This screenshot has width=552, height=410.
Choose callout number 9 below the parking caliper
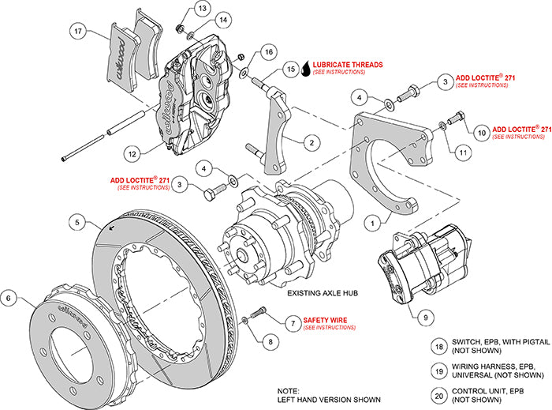pos(426,317)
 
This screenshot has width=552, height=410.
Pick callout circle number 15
pos(291,70)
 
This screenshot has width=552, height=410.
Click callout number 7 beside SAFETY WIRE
pos(292,322)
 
